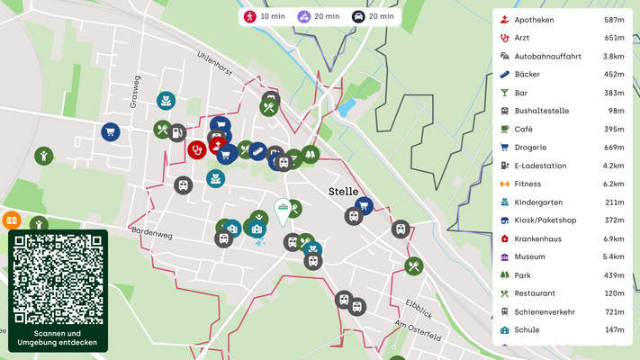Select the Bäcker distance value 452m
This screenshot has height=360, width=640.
point(613,75)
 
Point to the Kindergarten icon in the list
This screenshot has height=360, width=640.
point(505,202)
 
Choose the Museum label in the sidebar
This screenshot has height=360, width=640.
point(529,256)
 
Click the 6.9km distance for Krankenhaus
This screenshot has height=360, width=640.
point(613,238)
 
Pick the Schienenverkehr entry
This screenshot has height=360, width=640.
point(546,311)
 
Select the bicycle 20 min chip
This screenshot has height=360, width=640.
point(320,16)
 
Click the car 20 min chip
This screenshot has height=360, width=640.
point(373,16)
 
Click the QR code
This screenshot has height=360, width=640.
point(58,279)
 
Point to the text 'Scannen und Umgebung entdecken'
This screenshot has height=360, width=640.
point(58,337)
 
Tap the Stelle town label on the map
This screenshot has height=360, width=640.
point(343,192)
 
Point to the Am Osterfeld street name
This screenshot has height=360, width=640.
point(418,330)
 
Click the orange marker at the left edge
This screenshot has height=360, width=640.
point(11,220)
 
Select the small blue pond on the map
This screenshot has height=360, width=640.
point(347,108)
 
